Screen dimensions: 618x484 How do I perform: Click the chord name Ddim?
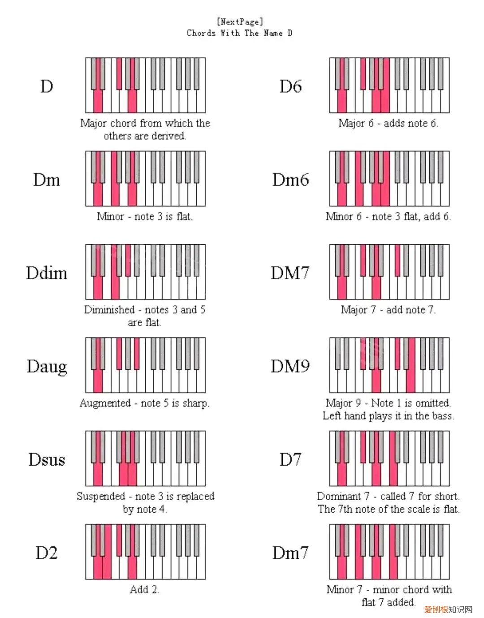point(47,273)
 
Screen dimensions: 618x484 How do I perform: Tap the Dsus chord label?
point(47,460)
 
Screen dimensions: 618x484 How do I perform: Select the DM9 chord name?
point(290,367)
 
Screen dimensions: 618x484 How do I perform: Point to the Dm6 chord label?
point(290,180)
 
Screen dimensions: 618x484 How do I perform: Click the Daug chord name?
point(47,367)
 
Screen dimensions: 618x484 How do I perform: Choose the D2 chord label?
point(47,553)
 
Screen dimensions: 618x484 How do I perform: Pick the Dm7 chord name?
point(290,553)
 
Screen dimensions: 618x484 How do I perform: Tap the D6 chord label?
point(290,86)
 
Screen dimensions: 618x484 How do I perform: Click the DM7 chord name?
point(290,273)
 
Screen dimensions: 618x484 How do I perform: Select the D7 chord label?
point(290,460)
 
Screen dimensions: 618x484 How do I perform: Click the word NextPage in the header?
point(240,22)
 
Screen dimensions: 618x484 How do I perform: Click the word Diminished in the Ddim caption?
point(109,310)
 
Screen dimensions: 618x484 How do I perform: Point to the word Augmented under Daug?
point(105,403)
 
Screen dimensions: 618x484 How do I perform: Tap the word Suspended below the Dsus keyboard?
point(101,496)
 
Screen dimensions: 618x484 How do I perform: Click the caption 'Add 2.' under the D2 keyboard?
point(144,589)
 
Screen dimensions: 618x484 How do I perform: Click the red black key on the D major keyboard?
point(119,73)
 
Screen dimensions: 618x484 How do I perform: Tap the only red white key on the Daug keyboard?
point(98,381)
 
